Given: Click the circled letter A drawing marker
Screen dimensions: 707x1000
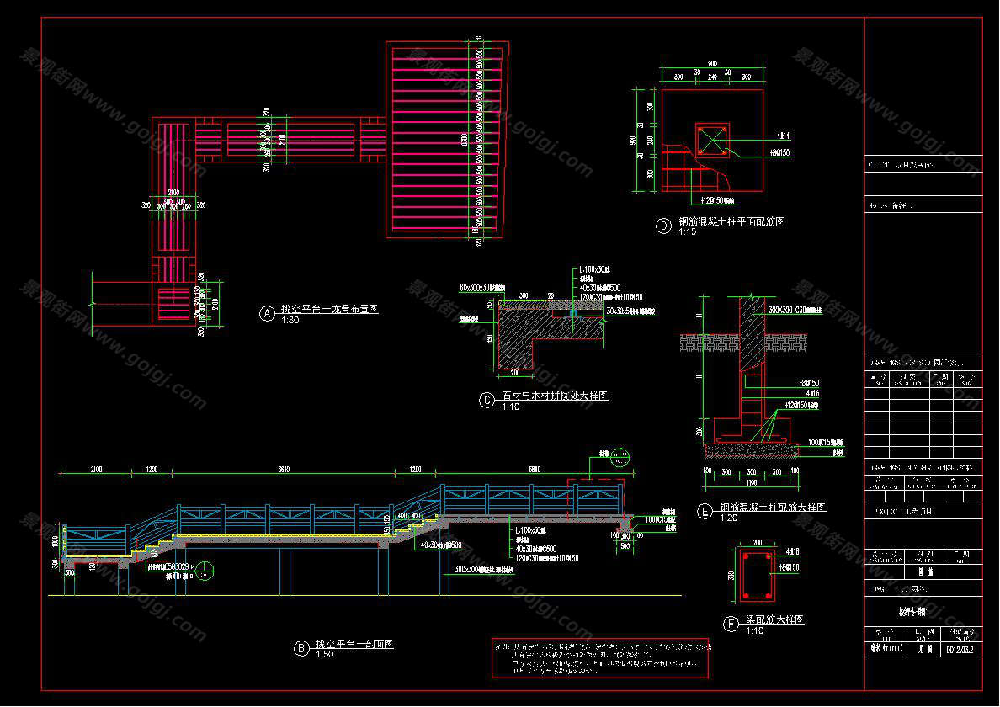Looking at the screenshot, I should point(268,313).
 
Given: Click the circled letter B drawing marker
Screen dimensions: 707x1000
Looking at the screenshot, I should point(301,648).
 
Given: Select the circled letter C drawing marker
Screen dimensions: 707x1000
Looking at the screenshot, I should point(487,400).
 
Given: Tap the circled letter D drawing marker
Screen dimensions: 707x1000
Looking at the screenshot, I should point(663,226).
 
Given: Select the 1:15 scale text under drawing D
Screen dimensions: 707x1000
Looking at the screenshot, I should point(687,232).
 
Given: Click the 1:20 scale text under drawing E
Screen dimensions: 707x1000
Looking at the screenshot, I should point(728,518).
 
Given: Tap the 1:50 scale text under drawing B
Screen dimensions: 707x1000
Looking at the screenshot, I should point(324,654).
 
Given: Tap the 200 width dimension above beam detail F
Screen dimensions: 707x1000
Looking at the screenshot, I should point(757,543).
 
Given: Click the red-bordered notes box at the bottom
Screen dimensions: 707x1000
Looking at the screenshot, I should point(600,657).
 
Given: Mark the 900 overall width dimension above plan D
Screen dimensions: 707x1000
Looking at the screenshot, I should point(711,64).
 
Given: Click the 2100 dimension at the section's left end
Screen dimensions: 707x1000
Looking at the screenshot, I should point(97,468).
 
